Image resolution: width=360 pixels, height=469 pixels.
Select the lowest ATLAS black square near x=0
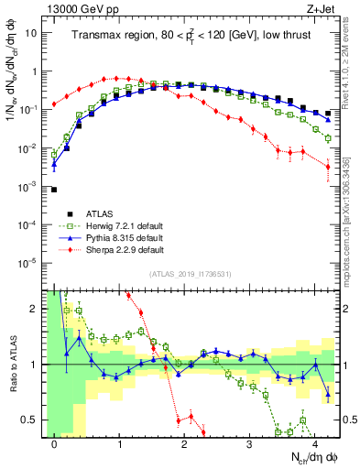[x=54, y=190]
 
